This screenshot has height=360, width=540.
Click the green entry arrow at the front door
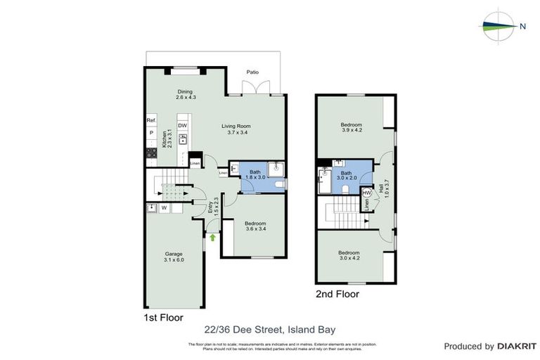click(212, 238)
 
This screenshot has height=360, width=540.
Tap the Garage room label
click(174, 257)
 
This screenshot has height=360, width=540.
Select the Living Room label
click(238, 129)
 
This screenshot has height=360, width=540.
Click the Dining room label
click(185, 95)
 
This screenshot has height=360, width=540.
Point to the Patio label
click(252, 72)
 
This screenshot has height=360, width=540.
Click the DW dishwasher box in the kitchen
click(182, 126)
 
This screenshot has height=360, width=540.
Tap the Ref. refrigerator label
click(150, 121)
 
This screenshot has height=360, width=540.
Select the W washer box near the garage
click(164, 207)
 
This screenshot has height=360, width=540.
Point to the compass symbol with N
click(503, 27)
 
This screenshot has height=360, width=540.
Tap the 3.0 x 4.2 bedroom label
click(349, 255)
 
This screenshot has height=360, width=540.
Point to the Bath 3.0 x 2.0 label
click(346, 175)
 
